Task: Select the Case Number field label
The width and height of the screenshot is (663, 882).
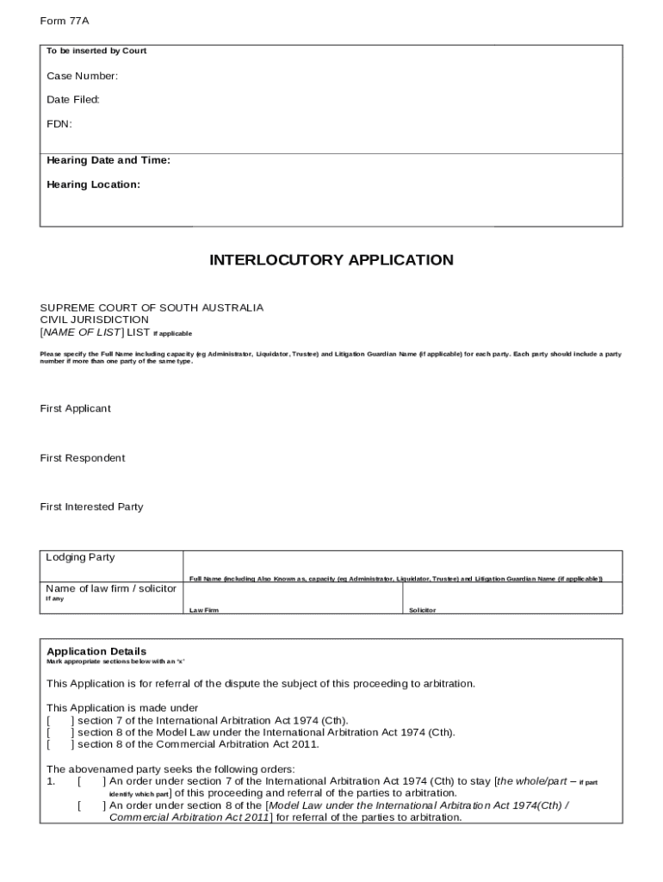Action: pos(83,77)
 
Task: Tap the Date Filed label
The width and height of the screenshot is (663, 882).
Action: pos(73,100)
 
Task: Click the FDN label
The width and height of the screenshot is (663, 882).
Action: pos(59,124)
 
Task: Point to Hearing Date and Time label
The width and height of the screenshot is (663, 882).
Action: pos(108,161)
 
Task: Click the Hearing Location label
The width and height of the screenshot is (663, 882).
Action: pos(93,184)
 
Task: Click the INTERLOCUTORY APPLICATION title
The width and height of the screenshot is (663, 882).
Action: pos(331,260)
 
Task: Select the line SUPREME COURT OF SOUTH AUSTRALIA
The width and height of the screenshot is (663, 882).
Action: pos(152,307)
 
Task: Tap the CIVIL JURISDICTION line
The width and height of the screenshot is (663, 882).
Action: pos(94,320)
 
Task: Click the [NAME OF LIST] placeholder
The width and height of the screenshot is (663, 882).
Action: pos(83,332)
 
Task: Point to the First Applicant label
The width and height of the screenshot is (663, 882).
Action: pos(76,408)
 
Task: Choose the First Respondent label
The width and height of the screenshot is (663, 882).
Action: pos(83,458)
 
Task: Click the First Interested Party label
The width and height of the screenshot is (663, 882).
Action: pos(91,507)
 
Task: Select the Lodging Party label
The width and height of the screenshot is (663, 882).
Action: pos(80,557)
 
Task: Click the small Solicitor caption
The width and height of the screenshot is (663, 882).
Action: pos(422,610)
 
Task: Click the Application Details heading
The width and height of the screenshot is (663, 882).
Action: pos(96,651)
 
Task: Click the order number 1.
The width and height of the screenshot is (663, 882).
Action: pos(51,782)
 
